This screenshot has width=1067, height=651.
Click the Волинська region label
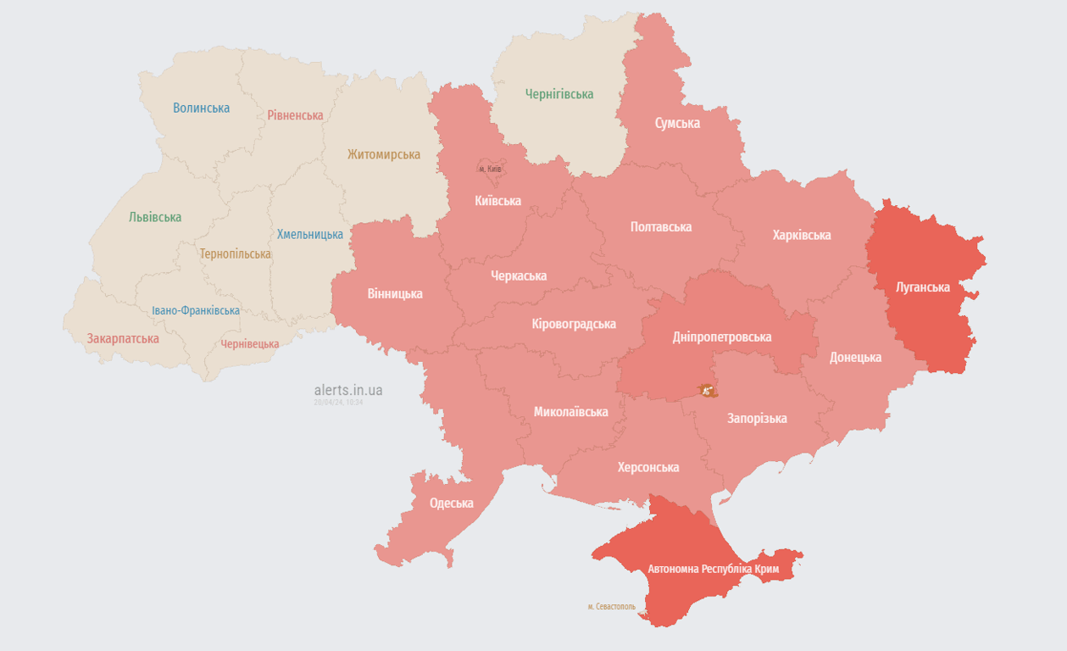point(201,108)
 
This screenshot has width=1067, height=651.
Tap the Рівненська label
point(295,115)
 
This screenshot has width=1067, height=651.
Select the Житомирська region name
point(383,154)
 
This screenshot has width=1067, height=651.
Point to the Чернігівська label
point(559,94)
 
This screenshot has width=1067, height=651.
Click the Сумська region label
point(677,123)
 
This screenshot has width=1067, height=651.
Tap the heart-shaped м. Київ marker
point(490,168)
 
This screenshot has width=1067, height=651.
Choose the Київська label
point(497,201)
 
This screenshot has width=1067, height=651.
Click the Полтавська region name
point(660,226)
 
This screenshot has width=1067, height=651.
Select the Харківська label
point(801,235)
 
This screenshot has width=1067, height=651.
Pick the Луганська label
point(923,287)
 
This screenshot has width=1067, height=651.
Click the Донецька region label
point(855,357)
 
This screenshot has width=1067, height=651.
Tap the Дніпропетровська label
point(721,337)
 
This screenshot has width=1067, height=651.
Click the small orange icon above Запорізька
point(707,391)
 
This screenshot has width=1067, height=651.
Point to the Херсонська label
point(647,467)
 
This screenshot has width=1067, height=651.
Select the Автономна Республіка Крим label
point(713,569)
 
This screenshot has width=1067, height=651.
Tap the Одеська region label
point(451,503)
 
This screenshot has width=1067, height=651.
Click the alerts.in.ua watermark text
point(347,390)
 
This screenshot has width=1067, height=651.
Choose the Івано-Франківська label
point(196,310)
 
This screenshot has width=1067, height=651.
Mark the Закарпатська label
point(123,338)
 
